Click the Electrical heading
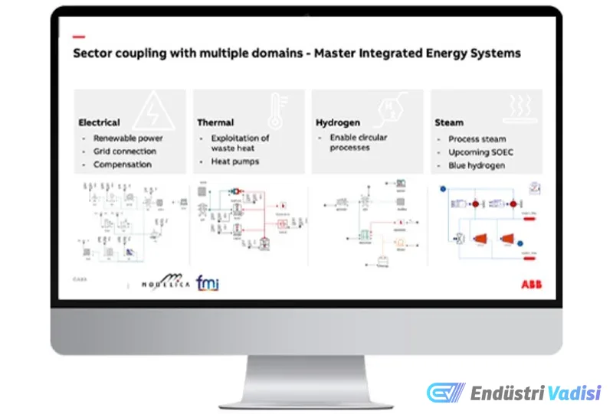point(99,122)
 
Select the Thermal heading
point(215,122)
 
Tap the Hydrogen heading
point(338,122)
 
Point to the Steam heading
point(448,122)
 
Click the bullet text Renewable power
point(128,139)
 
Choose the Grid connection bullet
point(123,152)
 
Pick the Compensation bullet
point(123,165)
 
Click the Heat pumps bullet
point(235,162)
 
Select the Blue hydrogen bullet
point(477,165)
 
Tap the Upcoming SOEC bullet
point(481,152)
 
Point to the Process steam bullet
point(477,139)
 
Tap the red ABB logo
point(531,283)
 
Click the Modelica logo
point(164,283)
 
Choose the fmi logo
point(208,283)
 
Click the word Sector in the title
point(93,54)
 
